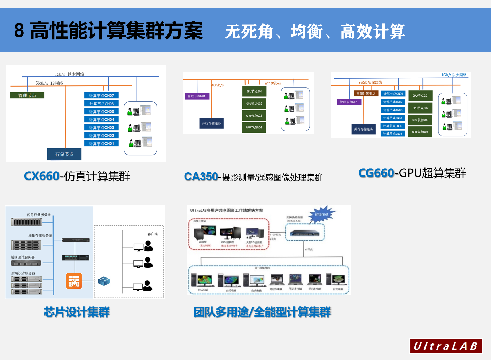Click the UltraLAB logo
click(x=446, y=346)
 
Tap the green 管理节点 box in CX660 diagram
click(x=27, y=95)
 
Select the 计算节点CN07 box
click(x=101, y=95)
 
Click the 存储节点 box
click(x=64, y=154)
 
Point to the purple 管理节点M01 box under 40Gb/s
click(x=197, y=96)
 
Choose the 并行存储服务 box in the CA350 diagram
click(x=211, y=123)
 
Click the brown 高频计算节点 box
click(x=366, y=94)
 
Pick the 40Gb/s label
click(x=218, y=85)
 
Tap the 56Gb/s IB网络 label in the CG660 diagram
click(x=370, y=83)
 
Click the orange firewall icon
click(x=74, y=281)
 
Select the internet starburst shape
click(x=322, y=214)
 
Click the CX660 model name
click(x=41, y=176)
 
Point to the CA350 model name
click(x=201, y=177)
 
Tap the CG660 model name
click(x=376, y=173)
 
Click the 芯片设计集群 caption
click(x=77, y=312)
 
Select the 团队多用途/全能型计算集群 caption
click(x=262, y=312)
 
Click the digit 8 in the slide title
click(x=19, y=31)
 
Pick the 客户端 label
click(x=153, y=234)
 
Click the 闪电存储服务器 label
click(x=39, y=215)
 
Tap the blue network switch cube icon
click(x=104, y=281)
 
